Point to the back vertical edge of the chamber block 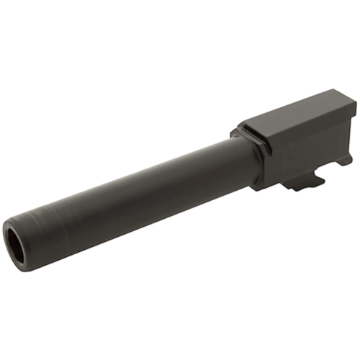354,130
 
